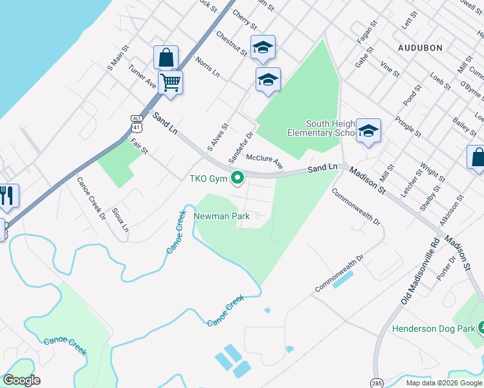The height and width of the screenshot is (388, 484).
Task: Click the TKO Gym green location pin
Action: (237, 177)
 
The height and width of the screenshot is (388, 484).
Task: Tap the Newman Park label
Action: (221, 217)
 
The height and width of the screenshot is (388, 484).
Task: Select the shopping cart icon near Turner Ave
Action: (170, 83)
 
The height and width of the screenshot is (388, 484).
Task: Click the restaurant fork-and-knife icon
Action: (7, 195)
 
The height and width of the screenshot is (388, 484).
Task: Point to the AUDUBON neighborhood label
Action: (420, 48)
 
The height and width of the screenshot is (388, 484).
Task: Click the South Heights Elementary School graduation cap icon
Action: (368, 131)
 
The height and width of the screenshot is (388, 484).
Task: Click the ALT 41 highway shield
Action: (137, 123)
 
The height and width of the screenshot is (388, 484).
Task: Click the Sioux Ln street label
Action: (120, 220)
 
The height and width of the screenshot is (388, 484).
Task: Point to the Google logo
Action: (21, 380)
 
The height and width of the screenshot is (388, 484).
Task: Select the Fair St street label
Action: (139, 146)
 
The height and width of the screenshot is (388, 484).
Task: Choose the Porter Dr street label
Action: (446, 267)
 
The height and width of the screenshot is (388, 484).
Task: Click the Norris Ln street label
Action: (208, 67)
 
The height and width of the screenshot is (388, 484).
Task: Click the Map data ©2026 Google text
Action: (444, 383)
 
